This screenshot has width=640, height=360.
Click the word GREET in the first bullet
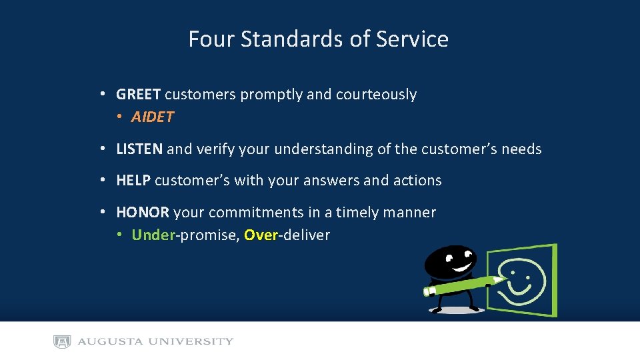(x=138, y=95)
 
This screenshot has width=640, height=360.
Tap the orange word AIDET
(x=153, y=117)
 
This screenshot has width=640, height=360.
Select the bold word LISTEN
(x=139, y=149)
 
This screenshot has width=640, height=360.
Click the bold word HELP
(x=133, y=181)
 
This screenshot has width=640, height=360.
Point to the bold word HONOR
(x=143, y=213)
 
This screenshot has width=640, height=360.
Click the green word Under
(x=153, y=235)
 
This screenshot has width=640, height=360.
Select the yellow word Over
(x=260, y=235)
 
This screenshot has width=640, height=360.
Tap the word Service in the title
(x=412, y=39)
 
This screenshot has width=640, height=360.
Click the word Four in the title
(x=211, y=39)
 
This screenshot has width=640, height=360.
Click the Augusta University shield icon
(x=62, y=342)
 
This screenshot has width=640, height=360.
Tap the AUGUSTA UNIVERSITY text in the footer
(x=155, y=342)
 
